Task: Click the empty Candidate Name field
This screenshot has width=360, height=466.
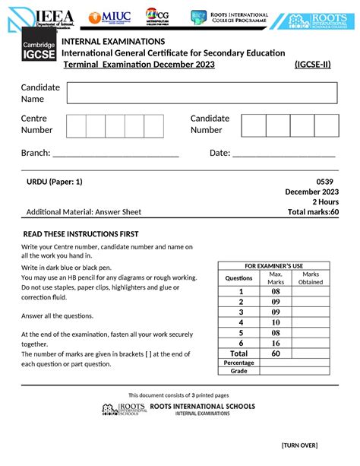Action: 202,93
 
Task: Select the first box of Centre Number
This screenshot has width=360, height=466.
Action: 76,125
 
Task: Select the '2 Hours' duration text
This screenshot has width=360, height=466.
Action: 325,201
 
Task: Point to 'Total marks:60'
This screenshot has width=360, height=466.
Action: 313,212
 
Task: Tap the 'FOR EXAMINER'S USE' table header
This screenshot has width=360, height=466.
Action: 273,265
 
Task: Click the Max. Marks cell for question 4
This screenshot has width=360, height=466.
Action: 276,322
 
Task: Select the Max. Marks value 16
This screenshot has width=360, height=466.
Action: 276,343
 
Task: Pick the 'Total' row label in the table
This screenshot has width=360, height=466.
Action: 238,353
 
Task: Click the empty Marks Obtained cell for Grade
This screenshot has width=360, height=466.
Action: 311,371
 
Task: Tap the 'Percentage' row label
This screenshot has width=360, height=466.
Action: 238,363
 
